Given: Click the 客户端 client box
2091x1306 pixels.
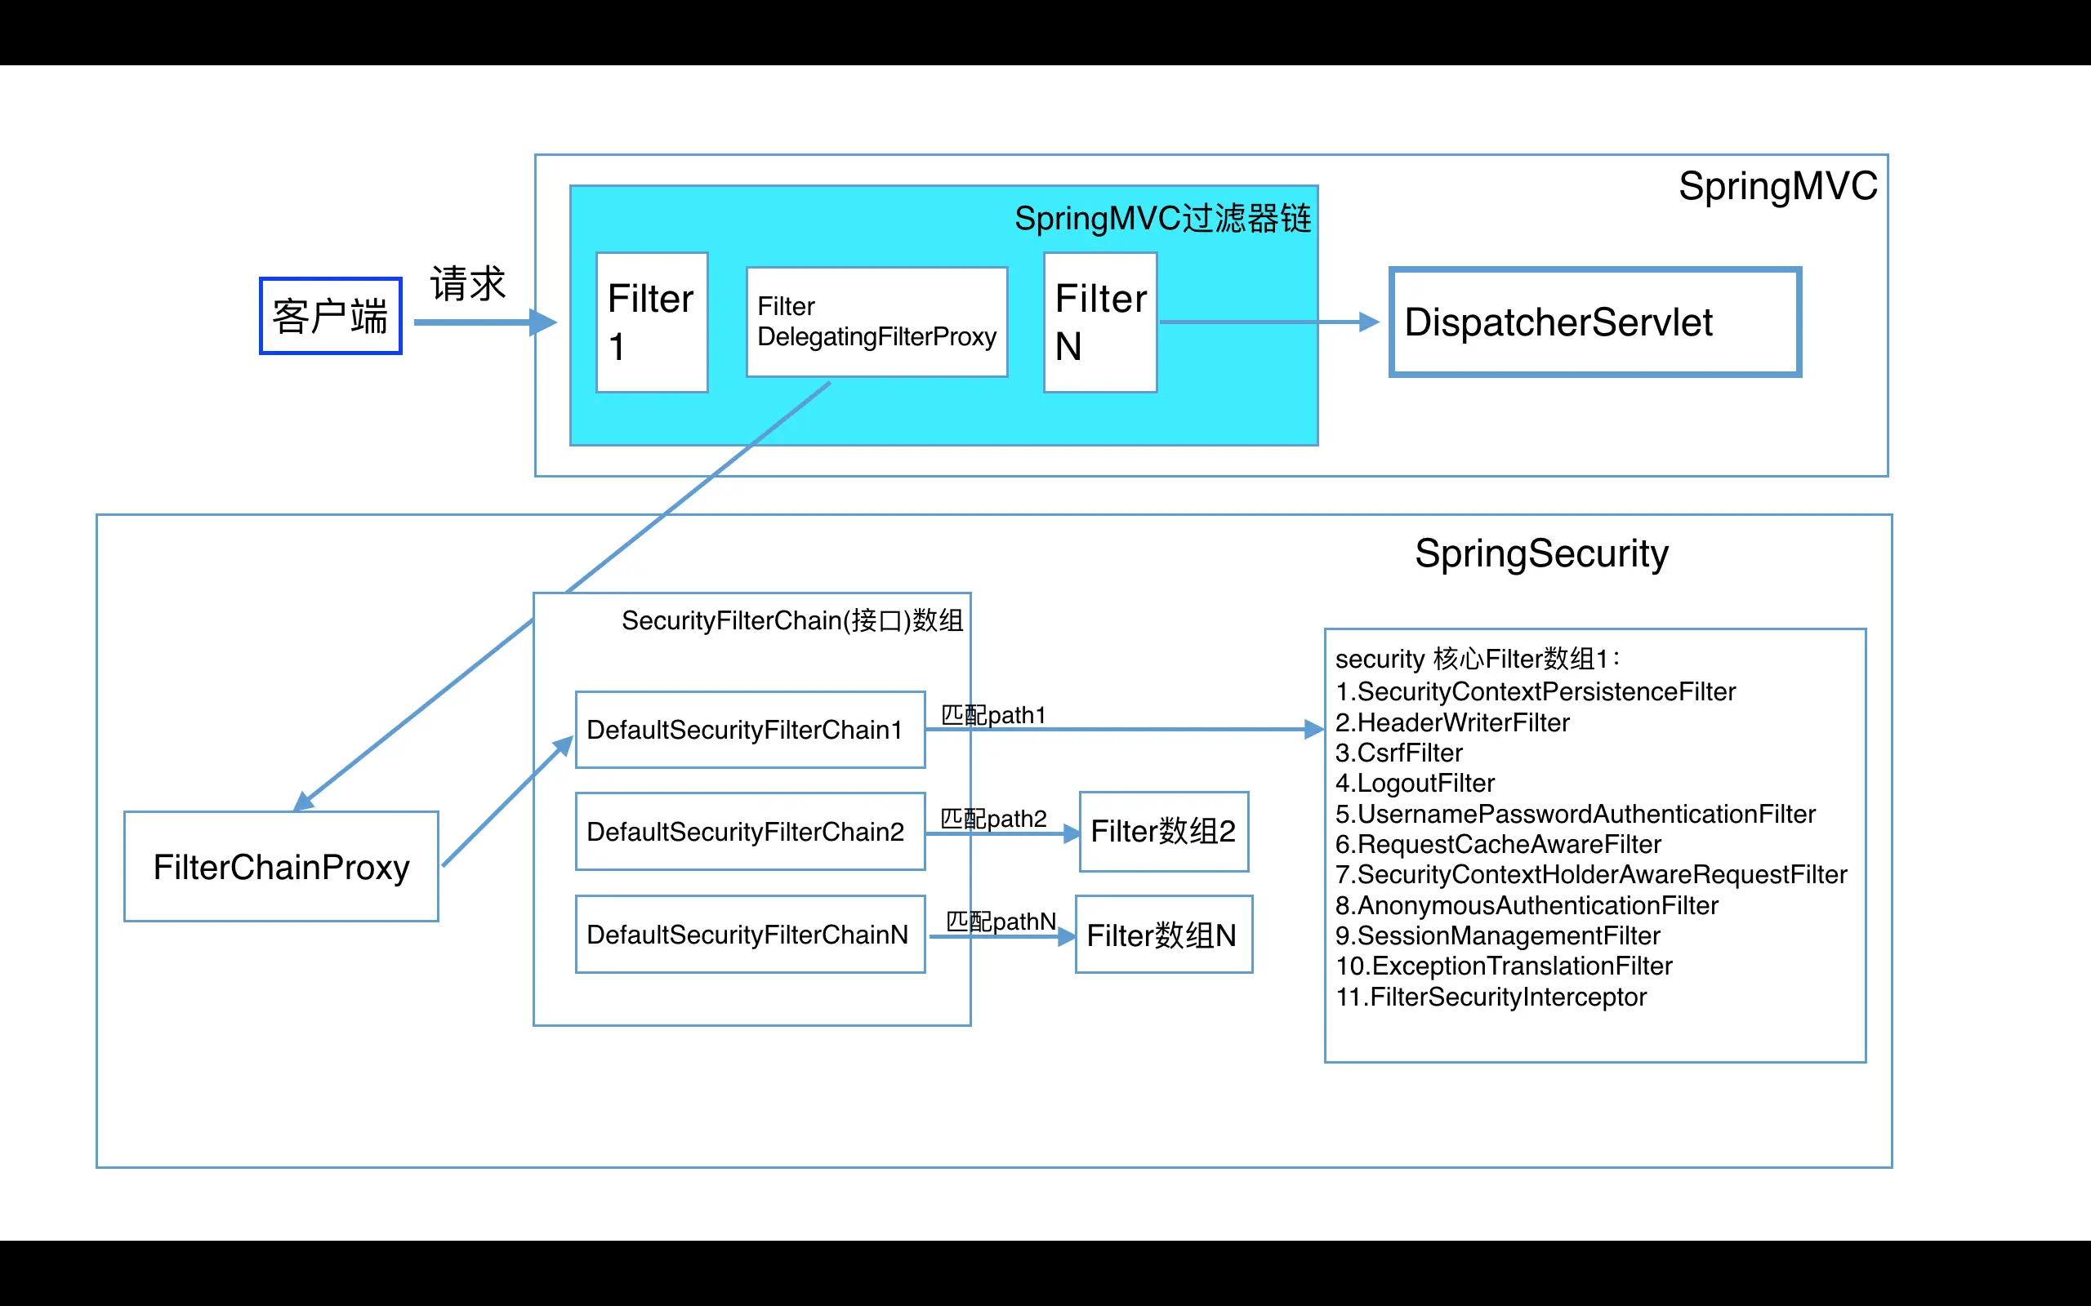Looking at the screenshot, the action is tap(331, 316).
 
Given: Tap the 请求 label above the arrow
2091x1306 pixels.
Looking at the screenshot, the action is tap(467, 284).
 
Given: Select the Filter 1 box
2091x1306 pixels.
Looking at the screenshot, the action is tap(653, 322).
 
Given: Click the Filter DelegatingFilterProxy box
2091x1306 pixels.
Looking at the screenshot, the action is tap(877, 322).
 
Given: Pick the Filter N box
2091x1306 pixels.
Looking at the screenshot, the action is tap(1101, 322).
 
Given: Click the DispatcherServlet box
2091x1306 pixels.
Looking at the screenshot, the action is tap(1595, 322).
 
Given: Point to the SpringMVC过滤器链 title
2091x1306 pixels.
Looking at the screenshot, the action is tap(1163, 219).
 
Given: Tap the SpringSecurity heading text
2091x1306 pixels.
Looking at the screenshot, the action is tap(1541, 553).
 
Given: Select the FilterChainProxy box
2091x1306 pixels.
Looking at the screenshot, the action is tap(282, 866).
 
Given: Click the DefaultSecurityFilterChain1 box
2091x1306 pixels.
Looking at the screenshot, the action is tap(751, 730).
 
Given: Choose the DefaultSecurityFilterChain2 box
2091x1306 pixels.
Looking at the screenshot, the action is tap(751, 832).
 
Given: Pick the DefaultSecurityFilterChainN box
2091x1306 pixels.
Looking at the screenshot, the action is tap(751, 935).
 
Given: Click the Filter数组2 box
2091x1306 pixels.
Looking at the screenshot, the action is tap(1164, 832).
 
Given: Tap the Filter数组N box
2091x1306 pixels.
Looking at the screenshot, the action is tap(1164, 935).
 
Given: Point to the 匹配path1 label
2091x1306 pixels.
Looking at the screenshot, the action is tap(994, 715).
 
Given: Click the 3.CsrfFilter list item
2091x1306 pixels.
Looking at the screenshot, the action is tap(1399, 753).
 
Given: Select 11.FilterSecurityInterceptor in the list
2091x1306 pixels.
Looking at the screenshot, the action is tap(1491, 997).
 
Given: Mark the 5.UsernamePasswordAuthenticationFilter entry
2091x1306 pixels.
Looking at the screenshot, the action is tap(1575, 814).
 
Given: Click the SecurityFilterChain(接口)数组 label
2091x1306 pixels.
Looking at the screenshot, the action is tap(792, 620).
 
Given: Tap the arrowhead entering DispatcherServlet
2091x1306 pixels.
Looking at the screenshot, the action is tap(1371, 322).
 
